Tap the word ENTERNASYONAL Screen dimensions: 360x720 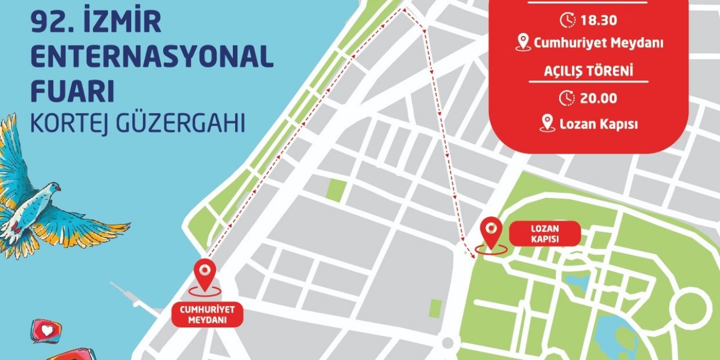click(x=152, y=57)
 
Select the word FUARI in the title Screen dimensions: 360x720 click(x=73, y=92)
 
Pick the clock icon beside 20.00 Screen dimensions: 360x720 click(x=567, y=98)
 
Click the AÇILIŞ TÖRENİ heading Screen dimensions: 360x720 click(x=588, y=71)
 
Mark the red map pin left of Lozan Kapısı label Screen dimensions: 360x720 click(x=492, y=232)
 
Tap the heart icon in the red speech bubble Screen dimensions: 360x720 click(x=45, y=329)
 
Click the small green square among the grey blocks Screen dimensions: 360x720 click(x=335, y=190)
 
